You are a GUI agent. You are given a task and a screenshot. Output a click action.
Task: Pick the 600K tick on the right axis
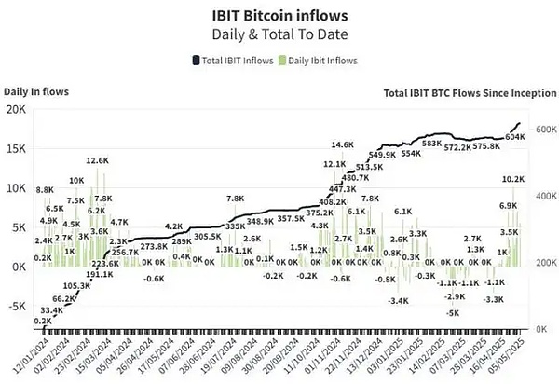tap(543, 130)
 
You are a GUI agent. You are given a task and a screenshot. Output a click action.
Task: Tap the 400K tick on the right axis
tap(543, 197)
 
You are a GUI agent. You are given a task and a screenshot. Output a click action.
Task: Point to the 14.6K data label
tap(343, 145)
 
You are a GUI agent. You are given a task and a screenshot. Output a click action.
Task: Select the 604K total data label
tap(514, 137)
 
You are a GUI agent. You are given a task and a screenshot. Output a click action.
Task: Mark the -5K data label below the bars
tap(452, 313)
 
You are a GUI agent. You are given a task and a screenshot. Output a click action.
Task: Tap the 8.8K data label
tap(45, 190)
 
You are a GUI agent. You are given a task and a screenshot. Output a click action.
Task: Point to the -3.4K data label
tap(399, 300)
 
